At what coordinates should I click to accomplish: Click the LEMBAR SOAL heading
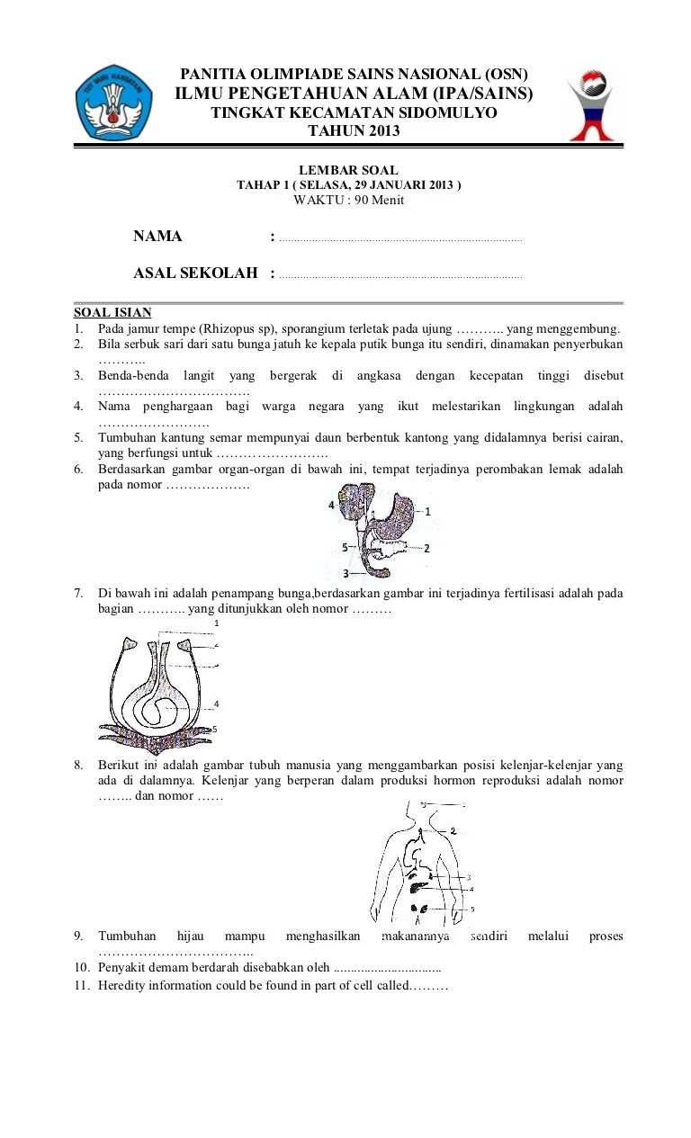click(348, 170)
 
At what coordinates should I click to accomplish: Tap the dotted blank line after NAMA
click(400, 239)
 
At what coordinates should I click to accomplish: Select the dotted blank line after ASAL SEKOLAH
click(400, 276)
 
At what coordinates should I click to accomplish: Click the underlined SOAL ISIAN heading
click(112, 313)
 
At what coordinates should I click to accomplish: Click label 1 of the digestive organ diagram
click(427, 511)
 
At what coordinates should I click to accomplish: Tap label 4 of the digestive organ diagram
click(331, 506)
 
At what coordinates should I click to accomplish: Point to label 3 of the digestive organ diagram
click(345, 572)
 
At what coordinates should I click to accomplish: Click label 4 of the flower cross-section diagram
click(216, 703)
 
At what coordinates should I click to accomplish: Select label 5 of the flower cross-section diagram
click(215, 729)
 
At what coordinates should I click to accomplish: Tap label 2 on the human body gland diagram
click(453, 830)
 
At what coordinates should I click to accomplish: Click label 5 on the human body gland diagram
click(472, 910)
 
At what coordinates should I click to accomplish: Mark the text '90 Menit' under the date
click(379, 200)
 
